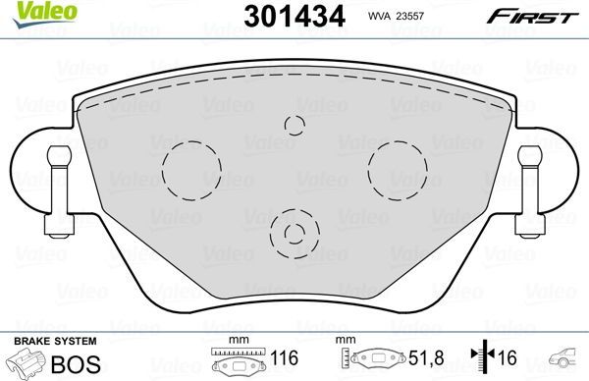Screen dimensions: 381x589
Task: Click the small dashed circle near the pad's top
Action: pos(294,123)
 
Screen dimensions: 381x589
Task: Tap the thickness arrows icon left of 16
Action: pos(480,360)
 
